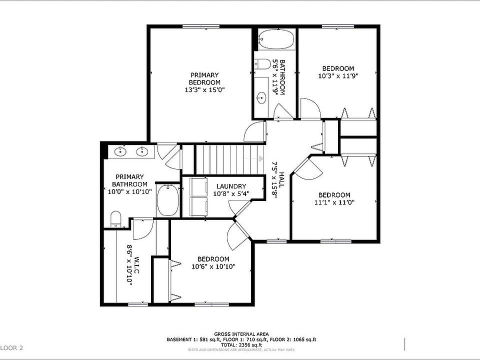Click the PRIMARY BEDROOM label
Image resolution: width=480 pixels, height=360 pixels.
coord(204,78)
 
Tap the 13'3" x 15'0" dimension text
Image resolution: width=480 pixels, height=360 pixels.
coord(204,90)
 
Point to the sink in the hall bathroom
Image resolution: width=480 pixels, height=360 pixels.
coord(261,97)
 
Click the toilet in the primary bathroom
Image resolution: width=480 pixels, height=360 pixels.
coord(115,218)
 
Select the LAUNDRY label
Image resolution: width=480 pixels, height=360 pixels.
coord(230,186)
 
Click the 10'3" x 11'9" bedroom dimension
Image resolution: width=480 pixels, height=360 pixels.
coord(338,76)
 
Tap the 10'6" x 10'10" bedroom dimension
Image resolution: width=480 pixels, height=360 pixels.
coord(213,266)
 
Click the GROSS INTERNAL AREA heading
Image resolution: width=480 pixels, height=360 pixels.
coord(241,334)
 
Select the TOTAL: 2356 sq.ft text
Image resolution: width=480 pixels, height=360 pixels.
coord(241,344)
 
